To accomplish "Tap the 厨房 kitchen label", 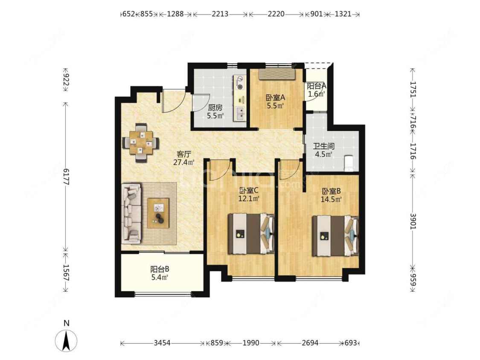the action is pyautogui.click(x=215, y=108).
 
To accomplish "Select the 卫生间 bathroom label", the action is pyautogui.click(x=323, y=146).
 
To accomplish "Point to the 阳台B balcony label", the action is pyautogui.click(x=160, y=270).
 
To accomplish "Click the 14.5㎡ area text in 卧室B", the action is pyautogui.click(x=331, y=199).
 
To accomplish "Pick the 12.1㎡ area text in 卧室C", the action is pyautogui.click(x=249, y=198).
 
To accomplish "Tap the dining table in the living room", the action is pyautogui.click(x=141, y=142).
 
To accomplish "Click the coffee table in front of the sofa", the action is pyautogui.click(x=158, y=213).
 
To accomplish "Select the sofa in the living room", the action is pyautogui.click(x=132, y=213).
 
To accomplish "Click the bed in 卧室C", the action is pyautogui.click(x=251, y=234).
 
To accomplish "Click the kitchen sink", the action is pyautogui.click(x=241, y=113).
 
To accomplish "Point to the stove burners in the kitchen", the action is pyautogui.click(x=240, y=83).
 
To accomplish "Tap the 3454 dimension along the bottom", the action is pyautogui.click(x=162, y=343).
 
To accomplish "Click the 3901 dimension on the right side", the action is pyautogui.click(x=413, y=221).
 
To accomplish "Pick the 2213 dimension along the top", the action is pyautogui.click(x=220, y=14).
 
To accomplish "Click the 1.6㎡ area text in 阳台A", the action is pyautogui.click(x=316, y=94).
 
